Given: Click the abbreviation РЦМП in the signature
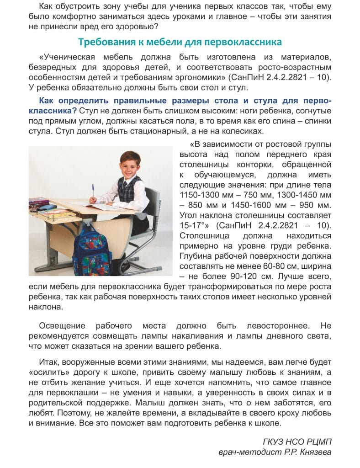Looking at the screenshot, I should click(x=316, y=441).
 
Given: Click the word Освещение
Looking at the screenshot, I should click(x=62, y=326).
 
